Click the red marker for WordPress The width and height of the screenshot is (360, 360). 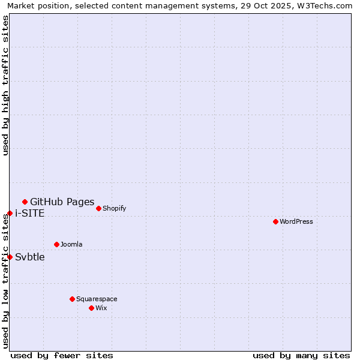pyautogui.click(x=275, y=221)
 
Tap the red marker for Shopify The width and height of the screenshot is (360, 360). pyautogui.click(x=98, y=208)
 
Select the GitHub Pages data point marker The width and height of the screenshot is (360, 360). pyautogui.click(x=25, y=202)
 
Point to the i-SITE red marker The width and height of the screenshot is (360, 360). pyautogui.click(x=10, y=213)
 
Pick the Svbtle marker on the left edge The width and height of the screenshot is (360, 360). pyautogui.click(x=10, y=257)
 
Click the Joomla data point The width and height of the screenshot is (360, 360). pyautogui.click(x=56, y=244)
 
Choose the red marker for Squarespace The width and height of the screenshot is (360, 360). pyautogui.click(x=72, y=299)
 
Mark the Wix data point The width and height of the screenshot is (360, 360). pyautogui.click(x=91, y=308)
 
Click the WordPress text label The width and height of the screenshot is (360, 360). pyautogui.click(x=296, y=221)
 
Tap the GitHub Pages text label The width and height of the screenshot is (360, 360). pyautogui.click(x=62, y=202)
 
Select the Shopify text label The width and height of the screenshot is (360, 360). pyautogui.click(x=114, y=208)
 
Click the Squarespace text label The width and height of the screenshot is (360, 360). pyautogui.click(x=97, y=299)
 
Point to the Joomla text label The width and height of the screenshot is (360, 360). pyautogui.click(x=71, y=244)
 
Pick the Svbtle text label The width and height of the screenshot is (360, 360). pyautogui.click(x=30, y=257)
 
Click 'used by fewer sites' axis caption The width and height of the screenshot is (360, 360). pyautogui.click(x=62, y=355)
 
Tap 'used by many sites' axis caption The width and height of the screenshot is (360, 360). pyautogui.click(x=301, y=355)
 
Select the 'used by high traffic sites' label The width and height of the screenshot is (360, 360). pyautogui.click(x=5, y=85)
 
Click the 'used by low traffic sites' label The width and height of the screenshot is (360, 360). pyautogui.click(x=5, y=281)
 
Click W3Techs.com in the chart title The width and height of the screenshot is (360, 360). pyautogui.click(x=325, y=5)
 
